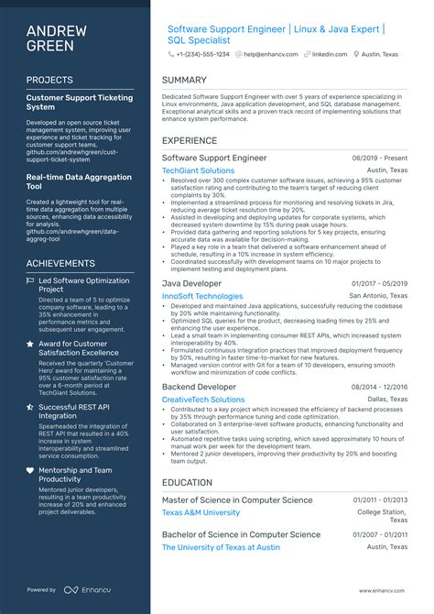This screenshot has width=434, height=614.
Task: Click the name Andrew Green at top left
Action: [x=57, y=38]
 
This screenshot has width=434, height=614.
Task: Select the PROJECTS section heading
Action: [x=49, y=80]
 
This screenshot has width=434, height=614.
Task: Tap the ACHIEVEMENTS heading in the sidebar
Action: [x=60, y=263]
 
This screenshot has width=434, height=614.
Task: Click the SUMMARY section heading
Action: [x=184, y=80]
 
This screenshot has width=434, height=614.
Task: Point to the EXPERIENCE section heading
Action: [x=190, y=141]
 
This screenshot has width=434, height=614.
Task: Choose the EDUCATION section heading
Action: [x=187, y=482]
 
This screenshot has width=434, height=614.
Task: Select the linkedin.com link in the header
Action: [x=329, y=54]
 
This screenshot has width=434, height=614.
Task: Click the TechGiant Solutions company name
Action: [x=198, y=170]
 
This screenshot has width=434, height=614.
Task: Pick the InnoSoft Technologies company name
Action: [x=202, y=296]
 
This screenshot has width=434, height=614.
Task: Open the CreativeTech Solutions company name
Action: [x=203, y=400]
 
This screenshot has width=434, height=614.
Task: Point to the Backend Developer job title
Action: [x=199, y=387]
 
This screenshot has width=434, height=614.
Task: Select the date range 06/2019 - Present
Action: [x=379, y=159]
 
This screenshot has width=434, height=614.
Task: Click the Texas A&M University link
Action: [x=201, y=512]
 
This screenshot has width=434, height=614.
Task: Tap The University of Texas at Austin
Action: [x=221, y=547]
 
